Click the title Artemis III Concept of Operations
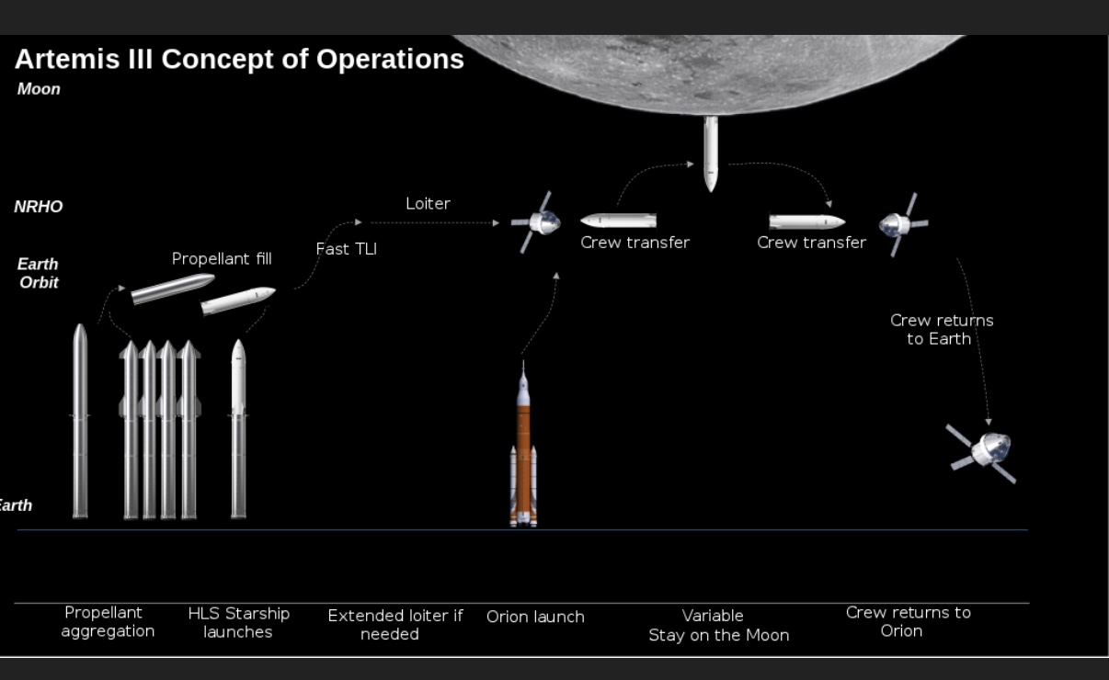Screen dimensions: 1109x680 pyautogui.click(x=239, y=60)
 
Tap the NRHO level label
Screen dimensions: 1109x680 pyautogui.click(x=38, y=207)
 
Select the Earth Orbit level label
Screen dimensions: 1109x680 pyautogui.click(x=39, y=273)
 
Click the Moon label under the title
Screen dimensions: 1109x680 pyautogui.click(x=39, y=89)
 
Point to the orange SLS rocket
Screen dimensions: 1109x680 pyautogui.click(x=523, y=446)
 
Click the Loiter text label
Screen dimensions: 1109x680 pyautogui.click(x=429, y=203)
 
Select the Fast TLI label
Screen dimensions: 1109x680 pyautogui.click(x=347, y=249)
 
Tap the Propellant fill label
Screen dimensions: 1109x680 pyautogui.click(x=222, y=259)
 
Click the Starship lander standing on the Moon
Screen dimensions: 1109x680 pyautogui.click(x=711, y=153)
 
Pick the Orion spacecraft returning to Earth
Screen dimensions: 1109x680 pyautogui.click(x=982, y=453)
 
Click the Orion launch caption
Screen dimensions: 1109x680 pyautogui.click(x=536, y=617)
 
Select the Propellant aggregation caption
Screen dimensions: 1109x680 pyautogui.click(x=108, y=621)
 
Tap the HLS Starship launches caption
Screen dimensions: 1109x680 pyautogui.click(x=239, y=623)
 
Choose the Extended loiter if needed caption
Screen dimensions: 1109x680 pyautogui.click(x=395, y=625)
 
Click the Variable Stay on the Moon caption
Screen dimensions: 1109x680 pyautogui.click(x=719, y=625)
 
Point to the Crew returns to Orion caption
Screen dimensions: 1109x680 pyautogui.click(x=909, y=621)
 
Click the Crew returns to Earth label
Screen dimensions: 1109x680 pyautogui.click(x=942, y=330)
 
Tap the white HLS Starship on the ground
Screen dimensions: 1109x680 pyautogui.click(x=239, y=428)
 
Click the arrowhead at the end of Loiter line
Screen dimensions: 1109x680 pyautogui.click(x=496, y=223)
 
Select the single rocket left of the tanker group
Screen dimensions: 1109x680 pyautogui.click(x=80, y=421)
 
